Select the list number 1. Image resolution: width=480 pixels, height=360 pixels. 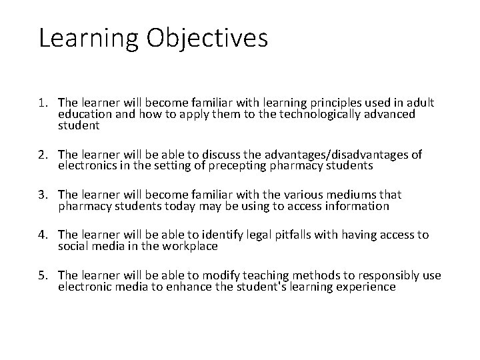[x=45, y=103]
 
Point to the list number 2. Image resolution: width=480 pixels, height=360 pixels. [x=45, y=155]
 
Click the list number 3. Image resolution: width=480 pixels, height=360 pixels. [x=45, y=195]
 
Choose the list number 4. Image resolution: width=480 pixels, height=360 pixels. [x=45, y=235]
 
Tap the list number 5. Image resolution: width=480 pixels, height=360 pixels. [x=45, y=275]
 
